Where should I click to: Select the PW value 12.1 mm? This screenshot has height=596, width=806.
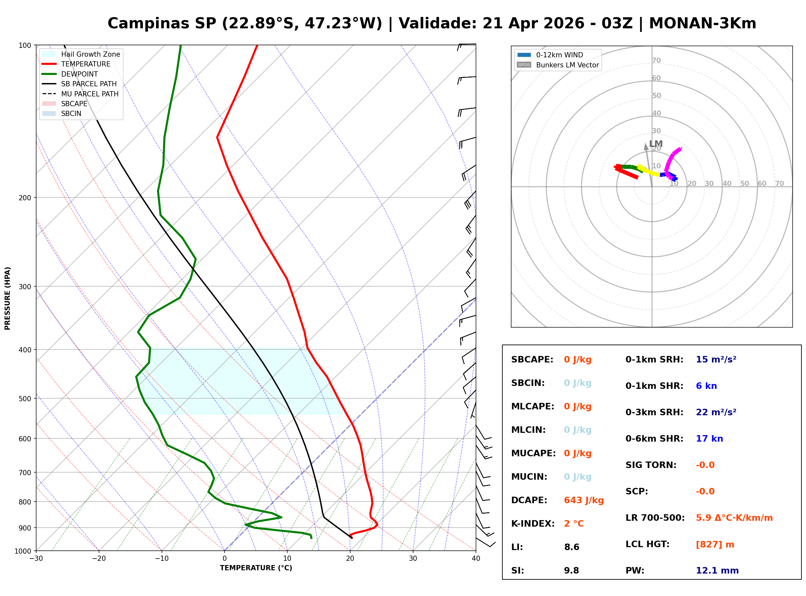coord(717,571)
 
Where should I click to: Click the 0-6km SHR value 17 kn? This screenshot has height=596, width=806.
coord(709,439)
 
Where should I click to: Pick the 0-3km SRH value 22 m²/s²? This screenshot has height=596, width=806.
coord(716,412)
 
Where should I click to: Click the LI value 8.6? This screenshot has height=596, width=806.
coord(571,547)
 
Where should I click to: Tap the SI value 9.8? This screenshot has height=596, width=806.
coord(571,571)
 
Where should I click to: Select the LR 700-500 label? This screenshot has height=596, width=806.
coord(655,518)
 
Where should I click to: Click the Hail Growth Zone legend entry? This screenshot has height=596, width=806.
coord(90,54)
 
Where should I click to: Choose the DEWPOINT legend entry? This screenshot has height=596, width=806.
coord(79,74)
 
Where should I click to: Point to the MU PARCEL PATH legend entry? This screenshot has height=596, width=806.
coord(90,94)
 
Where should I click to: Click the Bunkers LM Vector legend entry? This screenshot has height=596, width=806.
coord(567,65)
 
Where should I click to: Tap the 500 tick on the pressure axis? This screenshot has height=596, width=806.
coord(25,399)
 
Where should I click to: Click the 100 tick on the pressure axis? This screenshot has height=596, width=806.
coord(25,46)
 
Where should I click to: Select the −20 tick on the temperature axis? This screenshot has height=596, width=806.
coord(98,559)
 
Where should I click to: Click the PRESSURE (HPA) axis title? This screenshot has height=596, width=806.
coord(7,298)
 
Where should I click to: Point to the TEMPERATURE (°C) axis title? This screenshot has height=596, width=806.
coord(256,568)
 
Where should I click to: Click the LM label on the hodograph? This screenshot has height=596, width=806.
coord(655,144)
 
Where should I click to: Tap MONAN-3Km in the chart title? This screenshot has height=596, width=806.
coord(702,23)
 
